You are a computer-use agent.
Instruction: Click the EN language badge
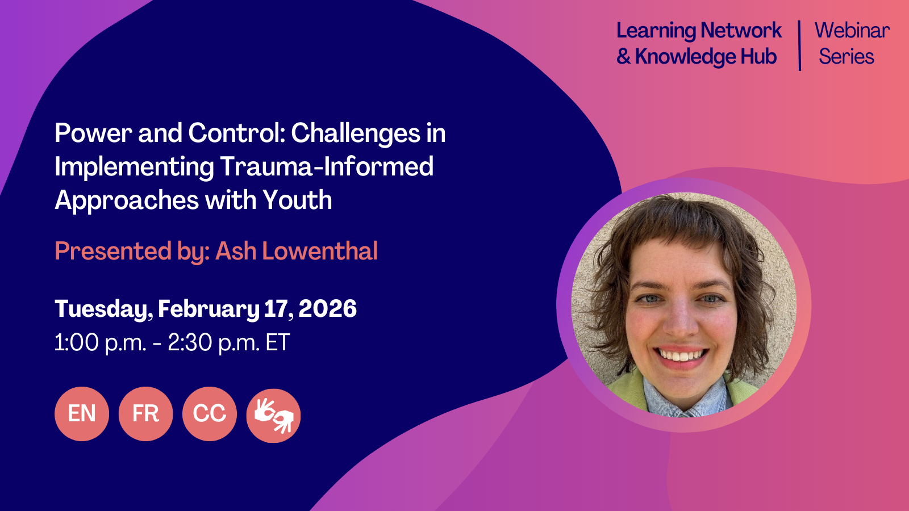coord(82,414)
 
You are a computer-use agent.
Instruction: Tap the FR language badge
coord(145,414)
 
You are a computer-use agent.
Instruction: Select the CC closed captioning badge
coord(210,414)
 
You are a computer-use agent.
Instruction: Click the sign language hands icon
coord(273,416)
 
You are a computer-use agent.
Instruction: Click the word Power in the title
coord(94,133)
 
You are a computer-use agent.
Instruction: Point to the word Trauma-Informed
coord(327,167)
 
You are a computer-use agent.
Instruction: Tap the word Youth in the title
coord(297,200)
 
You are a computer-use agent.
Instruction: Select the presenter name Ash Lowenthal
coord(297,251)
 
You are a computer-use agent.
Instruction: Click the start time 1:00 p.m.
coord(101,343)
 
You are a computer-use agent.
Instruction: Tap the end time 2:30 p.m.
coord(213,343)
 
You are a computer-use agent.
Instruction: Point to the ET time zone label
coord(277,343)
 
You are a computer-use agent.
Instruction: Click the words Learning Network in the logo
coord(699,31)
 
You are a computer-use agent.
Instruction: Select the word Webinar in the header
coord(852,31)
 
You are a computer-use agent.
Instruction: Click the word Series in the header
coord(846,57)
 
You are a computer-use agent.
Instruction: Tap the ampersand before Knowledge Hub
coord(623,57)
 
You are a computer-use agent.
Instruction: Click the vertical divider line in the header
coord(799,45)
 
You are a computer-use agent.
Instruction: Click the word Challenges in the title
coord(356,133)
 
